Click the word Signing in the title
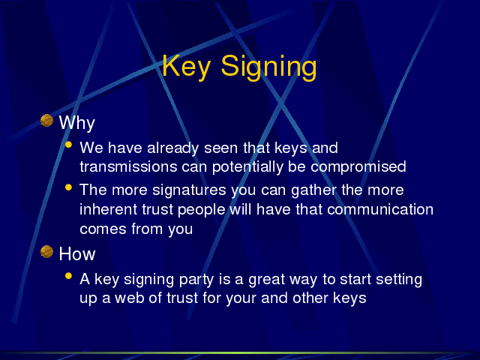pos(268,67)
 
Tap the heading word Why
pos(76,123)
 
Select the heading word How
pos(77,253)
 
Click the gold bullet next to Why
pos(46,120)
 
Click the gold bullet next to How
pos(46,252)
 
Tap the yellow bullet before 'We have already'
pos(68,145)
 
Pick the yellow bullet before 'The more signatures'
pos(68,187)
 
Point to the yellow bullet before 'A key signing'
pos(68,276)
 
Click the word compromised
pos(358,167)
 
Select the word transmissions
pos(128,166)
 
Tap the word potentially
pos(247,167)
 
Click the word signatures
pos(189,190)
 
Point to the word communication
pos(380,210)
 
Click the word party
pos(196,280)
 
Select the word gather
pos(313,190)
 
